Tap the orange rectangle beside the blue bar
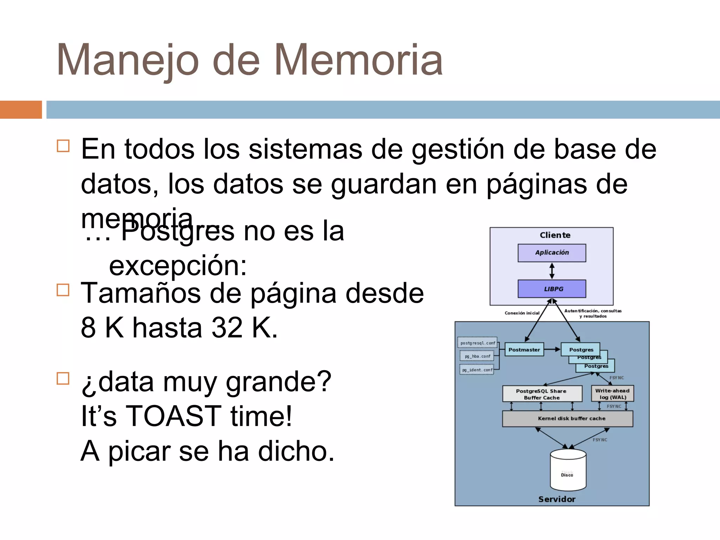pos(21,110)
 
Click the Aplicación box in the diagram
pos(552,253)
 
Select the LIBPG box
pos(552,289)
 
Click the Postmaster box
pos(524,349)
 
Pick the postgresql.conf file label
pos(477,343)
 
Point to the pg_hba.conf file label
pos(477,356)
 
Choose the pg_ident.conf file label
pos(477,370)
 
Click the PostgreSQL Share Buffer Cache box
pos(541,394)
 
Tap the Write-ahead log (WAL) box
pos(612,394)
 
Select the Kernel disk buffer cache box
pos(567,419)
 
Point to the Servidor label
pos(557,499)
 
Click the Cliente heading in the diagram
pos(555,235)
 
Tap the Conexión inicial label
pos(522,313)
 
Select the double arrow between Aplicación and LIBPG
pos(552,271)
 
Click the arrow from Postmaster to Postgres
pos(552,349)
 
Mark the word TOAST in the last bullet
pos(173,416)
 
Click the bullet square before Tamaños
pos(63,290)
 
